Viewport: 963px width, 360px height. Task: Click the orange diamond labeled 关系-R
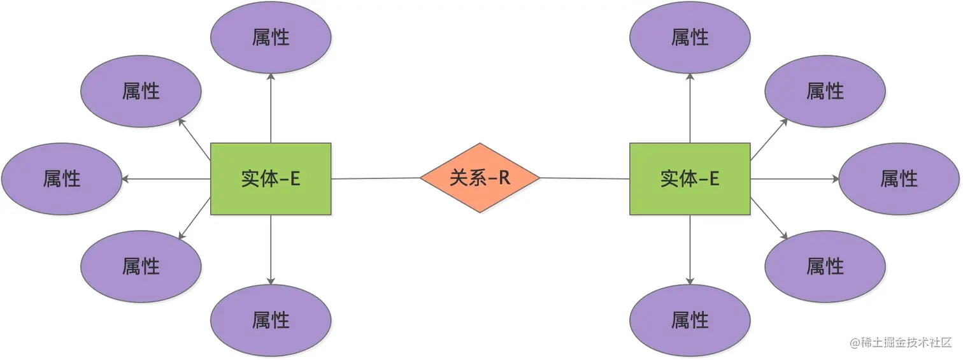pyautogui.click(x=480, y=178)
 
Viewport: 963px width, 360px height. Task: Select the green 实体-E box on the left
pyautogui.click(x=271, y=179)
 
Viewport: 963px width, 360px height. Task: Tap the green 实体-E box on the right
pyautogui.click(x=690, y=179)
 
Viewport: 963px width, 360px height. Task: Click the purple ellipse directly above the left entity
pyautogui.click(x=271, y=38)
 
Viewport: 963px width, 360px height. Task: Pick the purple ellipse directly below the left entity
pyautogui.click(x=271, y=320)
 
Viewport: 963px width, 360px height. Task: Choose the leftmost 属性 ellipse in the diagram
pyautogui.click(x=62, y=179)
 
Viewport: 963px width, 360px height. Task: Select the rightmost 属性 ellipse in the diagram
pyautogui.click(x=899, y=179)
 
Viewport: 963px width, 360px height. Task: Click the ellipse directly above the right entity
pyautogui.click(x=690, y=38)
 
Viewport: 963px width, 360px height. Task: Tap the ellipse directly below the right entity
pyautogui.click(x=690, y=320)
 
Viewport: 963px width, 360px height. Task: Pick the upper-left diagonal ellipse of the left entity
pyautogui.click(x=141, y=91)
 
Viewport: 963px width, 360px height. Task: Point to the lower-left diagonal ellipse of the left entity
pyautogui.click(x=141, y=266)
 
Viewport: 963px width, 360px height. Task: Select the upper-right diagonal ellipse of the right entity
pyautogui.click(x=825, y=91)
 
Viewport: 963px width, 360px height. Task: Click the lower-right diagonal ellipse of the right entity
pyautogui.click(x=825, y=266)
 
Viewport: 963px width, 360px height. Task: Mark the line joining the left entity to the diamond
pyautogui.click(x=376, y=178)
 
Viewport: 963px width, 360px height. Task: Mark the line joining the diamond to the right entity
pyautogui.click(x=585, y=178)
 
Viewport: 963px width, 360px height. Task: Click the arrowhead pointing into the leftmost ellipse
pyautogui.click(x=125, y=179)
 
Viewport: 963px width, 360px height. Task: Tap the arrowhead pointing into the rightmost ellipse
pyautogui.click(x=835, y=179)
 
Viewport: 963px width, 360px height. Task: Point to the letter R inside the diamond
pyautogui.click(x=504, y=178)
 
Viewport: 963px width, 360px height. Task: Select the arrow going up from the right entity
pyautogui.click(x=690, y=108)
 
